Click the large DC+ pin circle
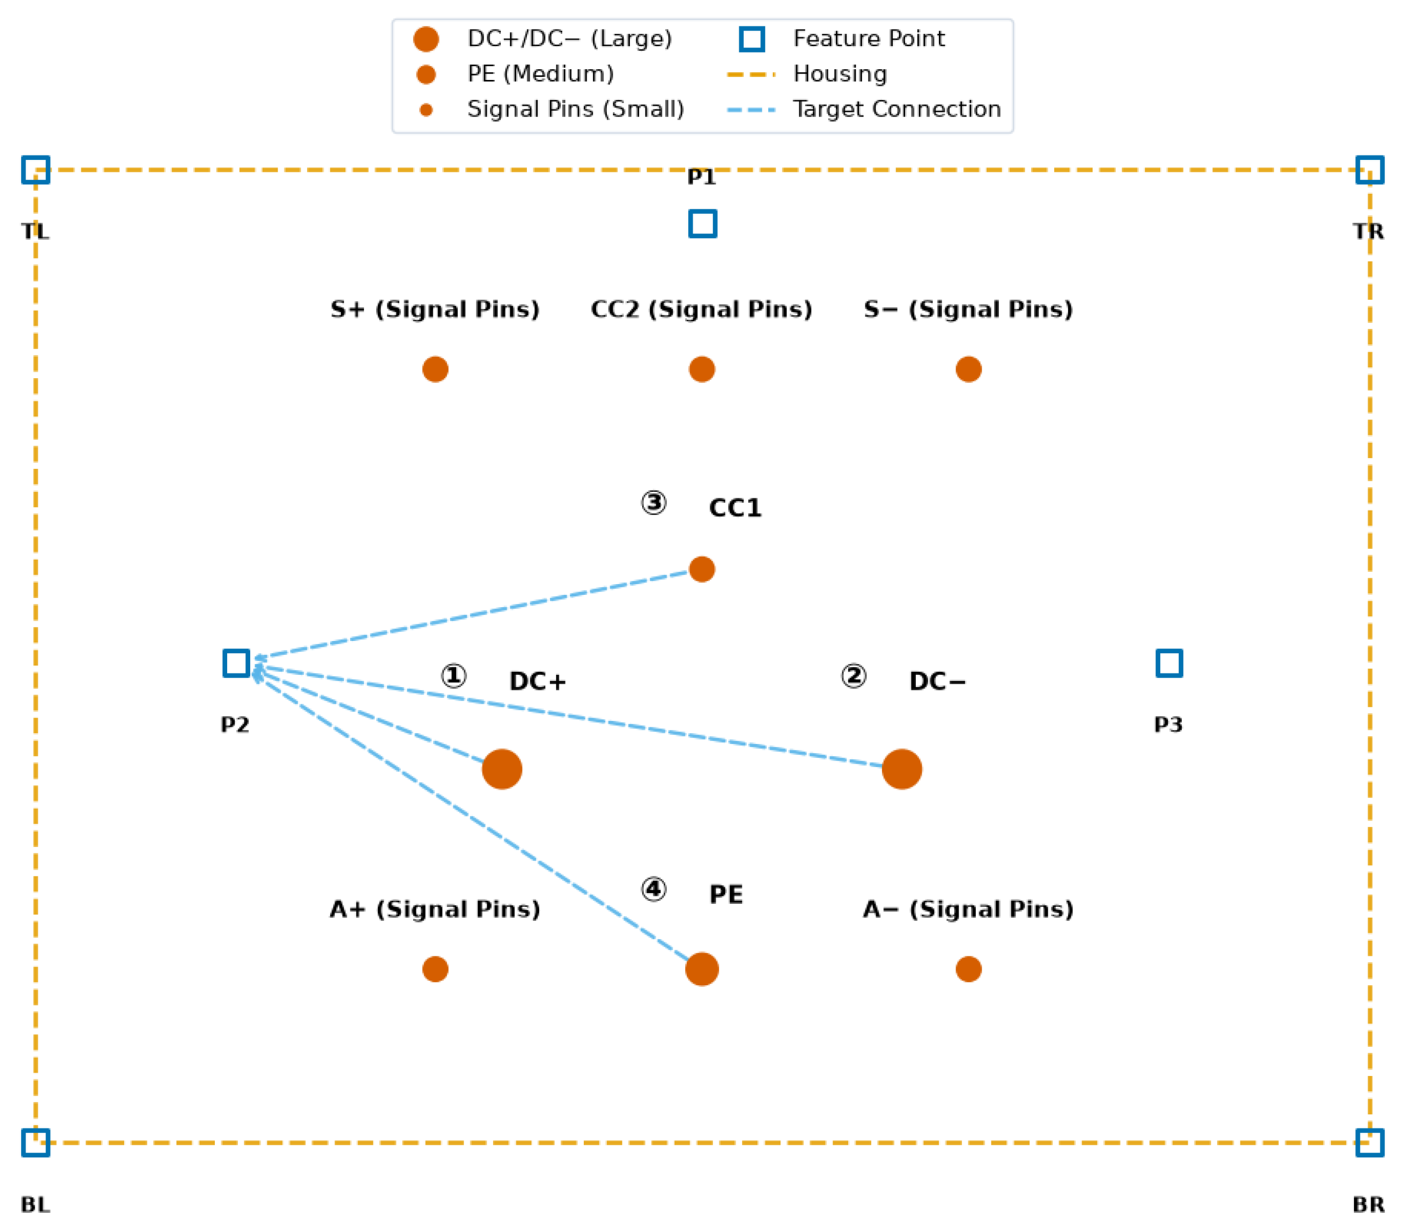(x=502, y=769)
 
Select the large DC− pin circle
(x=902, y=769)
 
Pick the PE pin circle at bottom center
(x=702, y=969)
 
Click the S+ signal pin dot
(x=436, y=369)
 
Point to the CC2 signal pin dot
(x=702, y=369)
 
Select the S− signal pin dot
(x=968, y=369)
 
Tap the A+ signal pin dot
(x=436, y=969)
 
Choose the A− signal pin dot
(x=968, y=969)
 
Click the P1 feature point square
(x=702, y=211)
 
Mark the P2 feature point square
(x=236, y=650)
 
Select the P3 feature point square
(x=1169, y=650)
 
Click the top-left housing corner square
(x=36, y=157)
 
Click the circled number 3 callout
(x=653, y=503)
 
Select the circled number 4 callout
(x=653, y=889)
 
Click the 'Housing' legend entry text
(x=840, y=74)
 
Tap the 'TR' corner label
(x=1368, y=231)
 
